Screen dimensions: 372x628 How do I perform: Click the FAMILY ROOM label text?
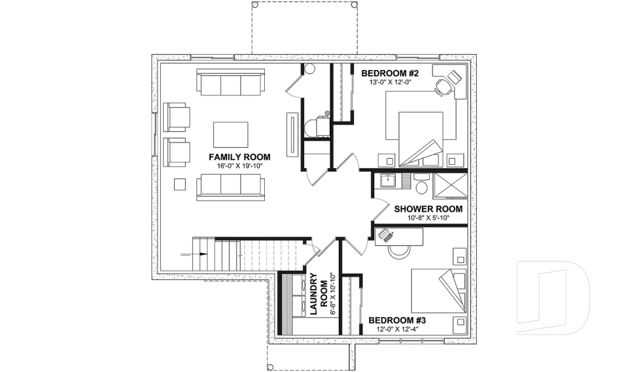click(x=239, y=157)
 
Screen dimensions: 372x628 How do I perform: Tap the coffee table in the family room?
click(x=231, y=135)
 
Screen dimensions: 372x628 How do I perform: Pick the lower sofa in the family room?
click(x=231, y=186)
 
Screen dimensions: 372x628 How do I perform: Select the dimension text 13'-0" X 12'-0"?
click(x=385, y=84)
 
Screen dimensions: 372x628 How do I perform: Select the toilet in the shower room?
click(x=422, y=186)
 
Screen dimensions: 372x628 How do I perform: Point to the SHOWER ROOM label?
click(x=428, y=209)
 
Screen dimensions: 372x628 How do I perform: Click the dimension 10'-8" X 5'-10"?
click(x=428, y=219)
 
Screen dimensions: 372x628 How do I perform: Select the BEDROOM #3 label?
click(x=397, y=320)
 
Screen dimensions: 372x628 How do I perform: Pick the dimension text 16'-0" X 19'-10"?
click(x=239, y=167)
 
